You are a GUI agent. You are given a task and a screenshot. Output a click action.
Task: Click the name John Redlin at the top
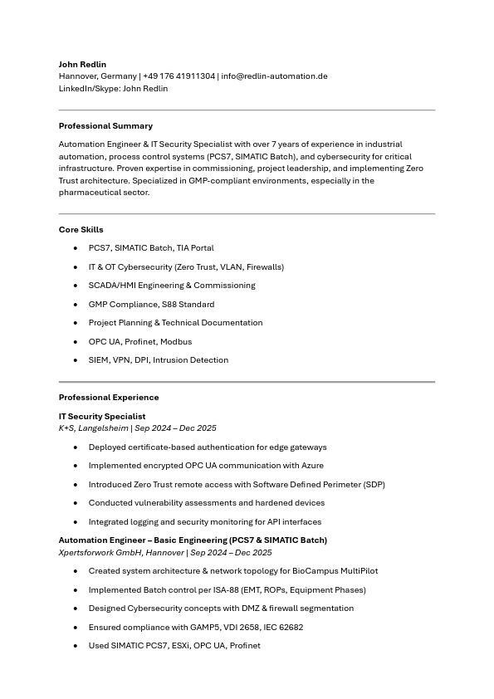pyautogui.click(x=82, y=64)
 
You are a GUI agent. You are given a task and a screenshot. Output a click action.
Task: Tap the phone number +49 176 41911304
pyautogui.click(x=179, y=76)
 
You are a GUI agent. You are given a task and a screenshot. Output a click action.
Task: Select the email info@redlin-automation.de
pyautogui.click(x=274, y=76)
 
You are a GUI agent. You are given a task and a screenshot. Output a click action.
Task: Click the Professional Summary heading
pyautogui.click(x=105, y=126)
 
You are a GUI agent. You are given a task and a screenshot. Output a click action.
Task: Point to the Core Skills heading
pyautogui.click(x=81, y=230)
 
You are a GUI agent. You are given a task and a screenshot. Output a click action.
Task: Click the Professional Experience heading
pyautogui.click(x=109, y=398)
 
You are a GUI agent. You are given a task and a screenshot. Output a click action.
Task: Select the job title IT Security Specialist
pyautogui.click(x=102, y=417)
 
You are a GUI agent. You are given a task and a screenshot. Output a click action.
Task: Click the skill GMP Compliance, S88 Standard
pyautogui.click(x=151, y=305)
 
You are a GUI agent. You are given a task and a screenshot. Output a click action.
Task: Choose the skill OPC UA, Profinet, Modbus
pyautogui.click(x=140, y=342)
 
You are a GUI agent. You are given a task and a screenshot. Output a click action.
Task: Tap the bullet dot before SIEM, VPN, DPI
pyautogui.click(x=76, y=360)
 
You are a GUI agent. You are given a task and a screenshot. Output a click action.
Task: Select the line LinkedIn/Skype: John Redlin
pyautogui.click(x=113, y=89)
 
